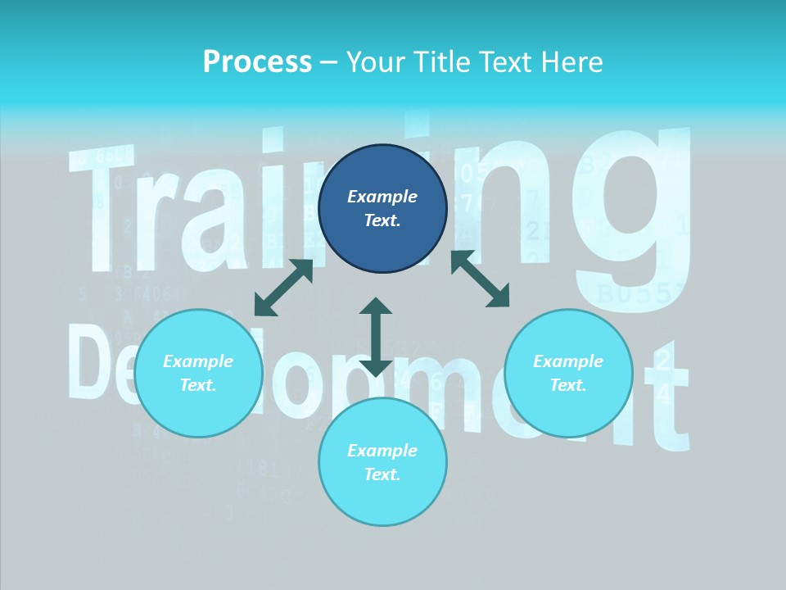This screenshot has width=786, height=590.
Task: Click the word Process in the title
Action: coord(257,62)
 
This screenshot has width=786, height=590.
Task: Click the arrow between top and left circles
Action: coord(284,288)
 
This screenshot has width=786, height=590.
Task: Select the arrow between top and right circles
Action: coord(481,279)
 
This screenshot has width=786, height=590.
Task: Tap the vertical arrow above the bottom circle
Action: coord(376,337)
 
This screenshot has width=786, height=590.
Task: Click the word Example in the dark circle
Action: coord(382,197)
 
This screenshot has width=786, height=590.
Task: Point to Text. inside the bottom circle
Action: coord(382,474)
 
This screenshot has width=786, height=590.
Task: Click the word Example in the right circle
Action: coord(568,361)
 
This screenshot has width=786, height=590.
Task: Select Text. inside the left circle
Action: coord(198,385)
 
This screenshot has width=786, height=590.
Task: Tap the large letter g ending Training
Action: coord(630,213)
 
